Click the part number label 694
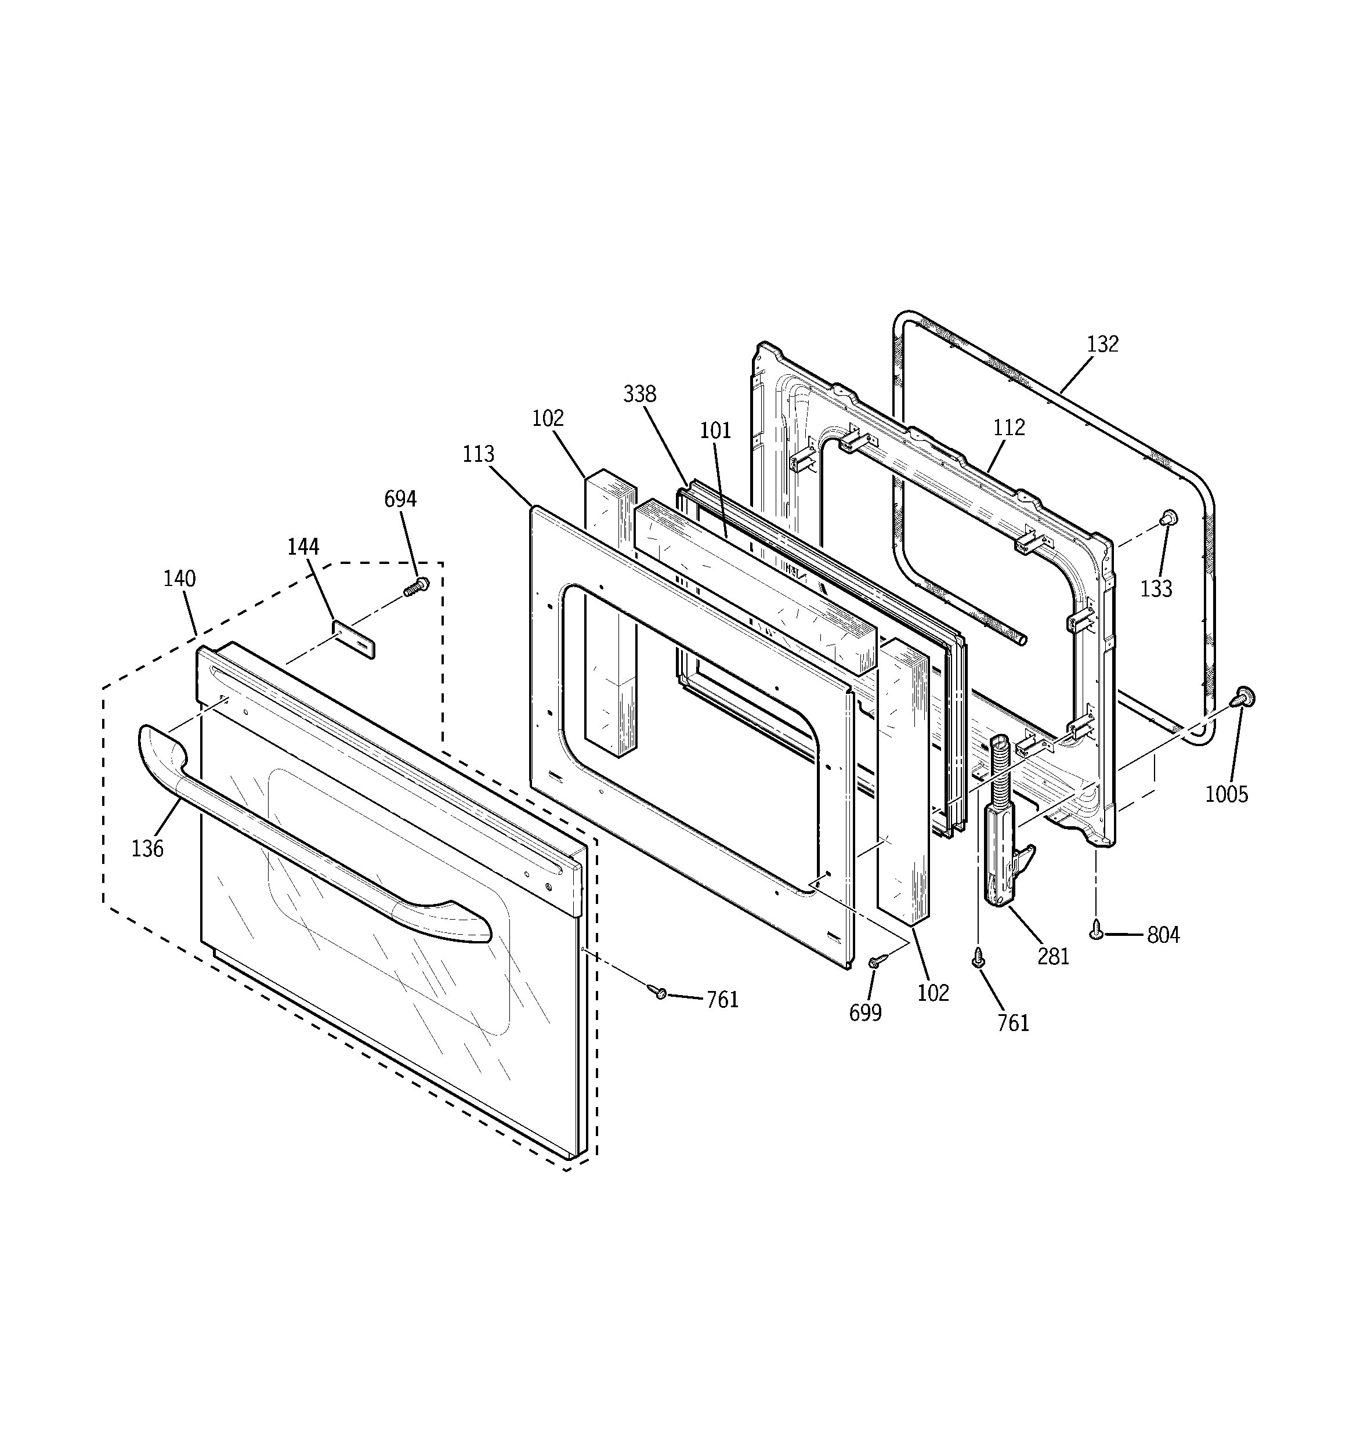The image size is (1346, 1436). pos(400,499)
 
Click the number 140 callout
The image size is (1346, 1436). pos(179,578)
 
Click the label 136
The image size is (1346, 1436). pos(147,849)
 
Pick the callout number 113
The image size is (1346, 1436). pos(478,454)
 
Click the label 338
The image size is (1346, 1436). pos(639,395)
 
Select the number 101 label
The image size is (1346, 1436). pos(715,431)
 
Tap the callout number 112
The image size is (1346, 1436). pos(1008,428)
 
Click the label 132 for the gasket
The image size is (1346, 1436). pos(1102,344)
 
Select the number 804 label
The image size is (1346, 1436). pos(1163,935)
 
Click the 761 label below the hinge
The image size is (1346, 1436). pos(1013,1023)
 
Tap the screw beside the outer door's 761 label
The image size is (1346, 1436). pos(658,993)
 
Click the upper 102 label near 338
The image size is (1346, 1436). pos(548,418)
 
